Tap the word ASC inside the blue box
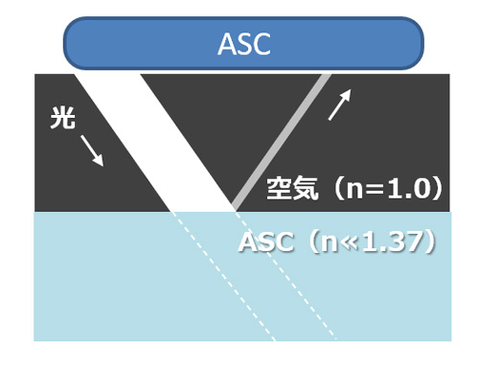[243, 43]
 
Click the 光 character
[61, 119]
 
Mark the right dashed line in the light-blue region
[287, 278]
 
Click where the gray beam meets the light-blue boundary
[235, 210]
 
